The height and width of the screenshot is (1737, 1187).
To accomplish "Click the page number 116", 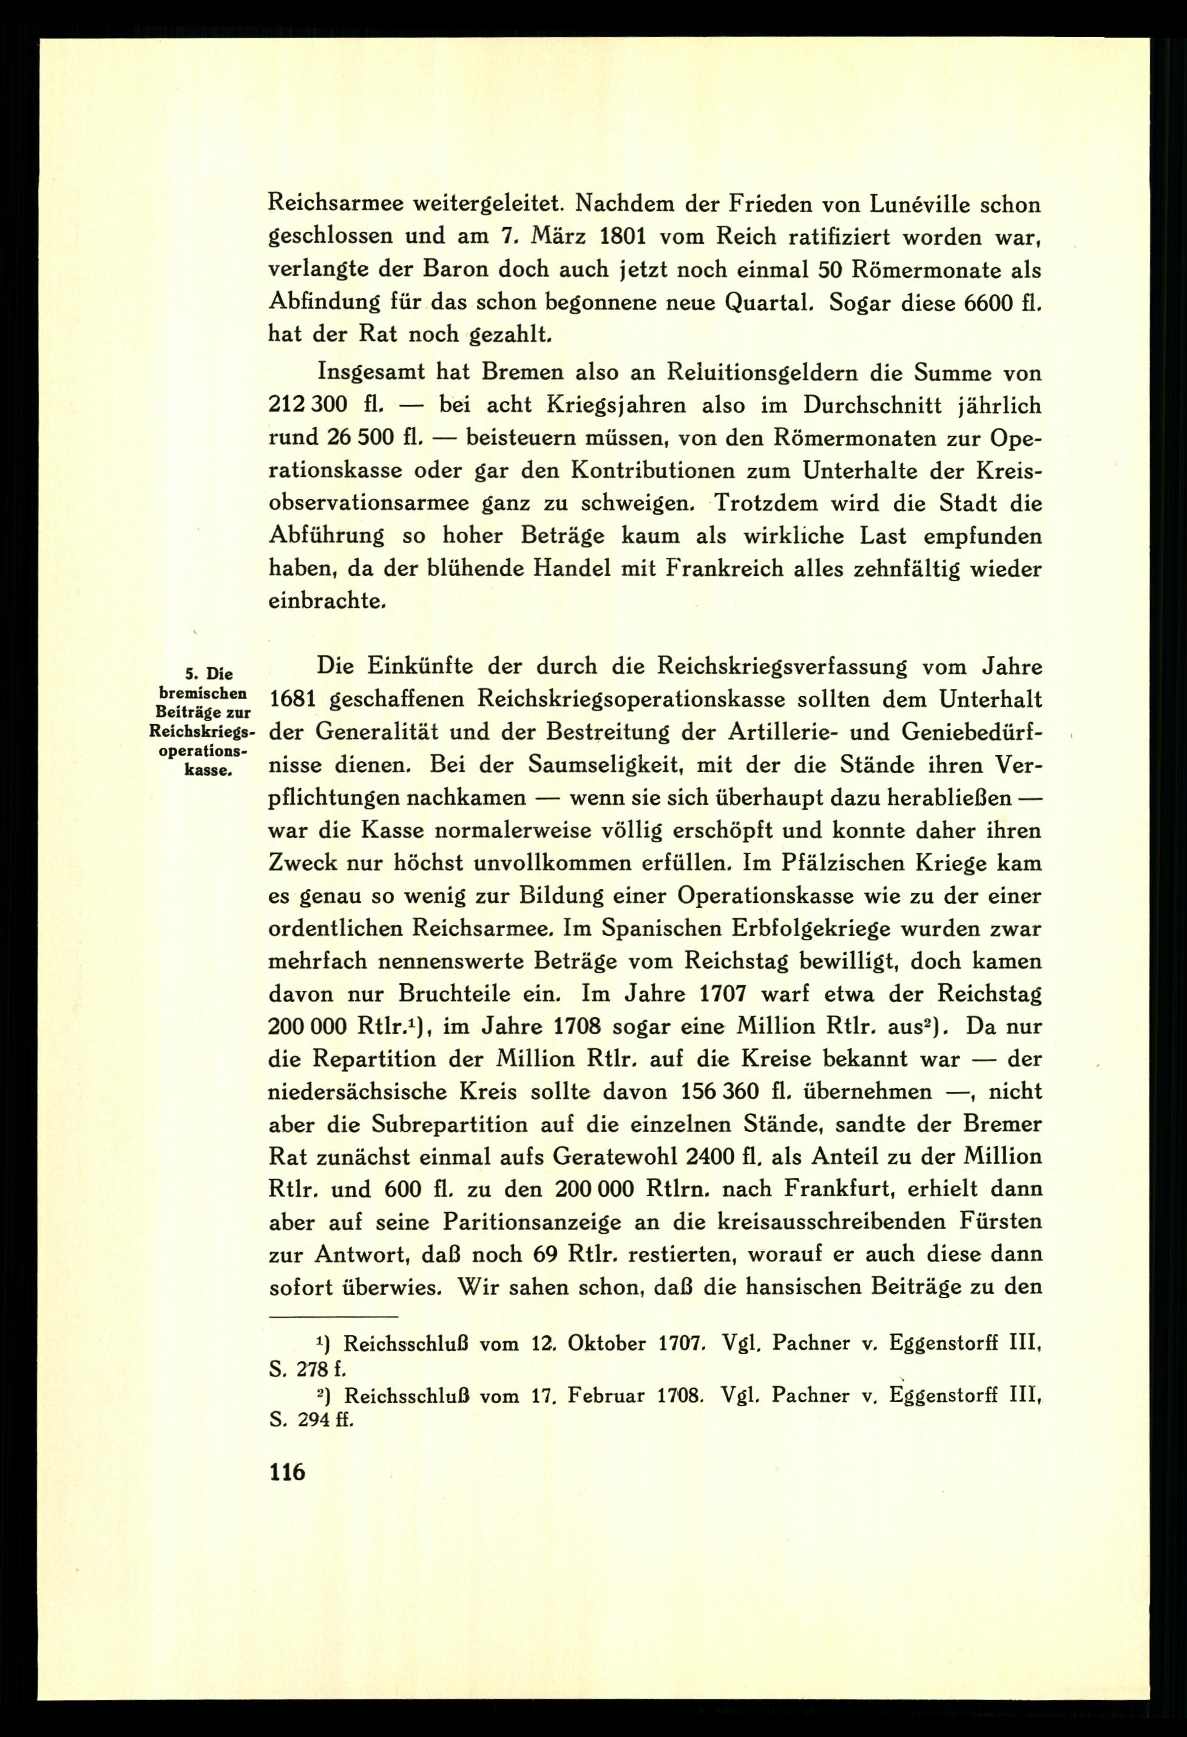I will tap(288, 1471).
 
